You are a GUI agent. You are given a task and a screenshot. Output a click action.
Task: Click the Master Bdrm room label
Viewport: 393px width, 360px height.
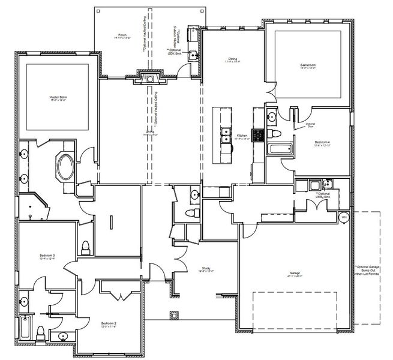58,97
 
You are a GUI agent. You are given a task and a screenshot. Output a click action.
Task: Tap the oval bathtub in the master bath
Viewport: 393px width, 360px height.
65,166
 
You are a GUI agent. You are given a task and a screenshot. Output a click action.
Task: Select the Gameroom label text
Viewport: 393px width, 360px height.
308,65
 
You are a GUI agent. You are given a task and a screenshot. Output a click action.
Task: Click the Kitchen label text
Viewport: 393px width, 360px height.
242,137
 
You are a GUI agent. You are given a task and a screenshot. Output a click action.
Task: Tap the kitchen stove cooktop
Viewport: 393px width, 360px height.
258,134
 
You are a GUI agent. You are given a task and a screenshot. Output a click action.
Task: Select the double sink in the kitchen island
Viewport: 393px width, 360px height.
226,137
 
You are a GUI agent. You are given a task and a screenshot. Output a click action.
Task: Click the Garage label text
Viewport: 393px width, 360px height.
294,274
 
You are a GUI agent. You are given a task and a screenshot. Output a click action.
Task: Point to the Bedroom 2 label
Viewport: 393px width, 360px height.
109,325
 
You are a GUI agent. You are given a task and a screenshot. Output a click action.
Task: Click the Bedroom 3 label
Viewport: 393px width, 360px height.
47,257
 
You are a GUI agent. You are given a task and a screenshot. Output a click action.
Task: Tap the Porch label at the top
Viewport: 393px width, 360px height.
122,35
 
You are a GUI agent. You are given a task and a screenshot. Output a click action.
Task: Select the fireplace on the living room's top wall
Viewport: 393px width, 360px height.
148,76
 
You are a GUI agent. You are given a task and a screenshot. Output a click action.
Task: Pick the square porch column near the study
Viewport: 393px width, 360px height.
175,314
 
